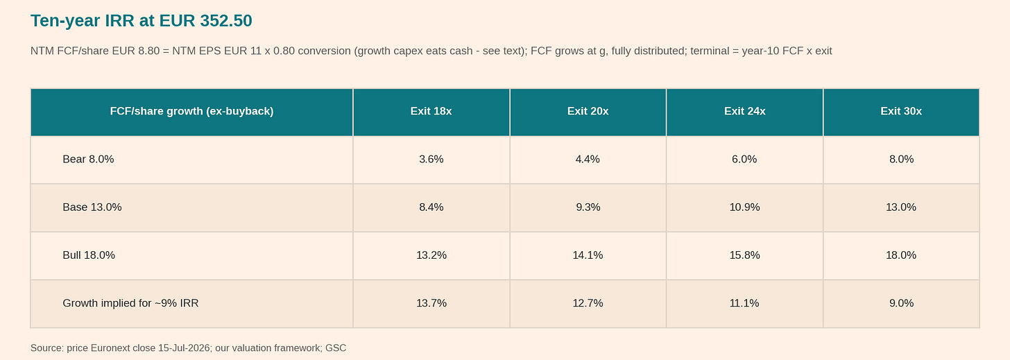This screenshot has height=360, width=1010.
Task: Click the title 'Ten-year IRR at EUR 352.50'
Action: [x=141, y=21]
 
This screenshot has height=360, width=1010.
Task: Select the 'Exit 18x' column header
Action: [x=431, y=111]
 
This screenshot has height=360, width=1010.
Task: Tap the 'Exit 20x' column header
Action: [x=588, y=111]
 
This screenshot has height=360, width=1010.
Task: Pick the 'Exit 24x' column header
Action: [x=745, y=111]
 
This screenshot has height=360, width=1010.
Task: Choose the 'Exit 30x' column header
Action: [x=901, y=111]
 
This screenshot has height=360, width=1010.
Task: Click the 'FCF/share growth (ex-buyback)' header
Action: [x=191, y=111]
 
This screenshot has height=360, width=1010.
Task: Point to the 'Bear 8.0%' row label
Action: [x=88, y=160]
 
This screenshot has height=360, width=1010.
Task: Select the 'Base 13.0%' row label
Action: [x=92, y=207]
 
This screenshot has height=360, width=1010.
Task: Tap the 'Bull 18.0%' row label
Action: [x=89, y=255]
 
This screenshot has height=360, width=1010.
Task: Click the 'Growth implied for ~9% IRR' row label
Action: [x=130, y=303]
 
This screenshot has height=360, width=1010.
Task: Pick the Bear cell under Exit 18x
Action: [x=431, y=160]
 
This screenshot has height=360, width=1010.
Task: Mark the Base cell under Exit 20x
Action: [x=588, y=207]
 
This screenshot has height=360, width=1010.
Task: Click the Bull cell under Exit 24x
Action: [x=745, y=255]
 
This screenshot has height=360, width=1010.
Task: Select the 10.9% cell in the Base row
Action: [x=745, y=207]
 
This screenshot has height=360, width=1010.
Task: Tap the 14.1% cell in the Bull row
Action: [x=588, y=255]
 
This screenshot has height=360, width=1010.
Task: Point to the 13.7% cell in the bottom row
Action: [x=431, y=303]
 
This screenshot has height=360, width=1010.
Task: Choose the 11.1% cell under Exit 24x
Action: [x=744, y=303]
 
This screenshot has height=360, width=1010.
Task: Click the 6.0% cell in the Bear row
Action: [x=744, y=160]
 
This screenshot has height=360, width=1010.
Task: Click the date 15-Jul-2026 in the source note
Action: [x=184, y=348]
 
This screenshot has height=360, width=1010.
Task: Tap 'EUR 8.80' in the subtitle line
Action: [x=136, y=51]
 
